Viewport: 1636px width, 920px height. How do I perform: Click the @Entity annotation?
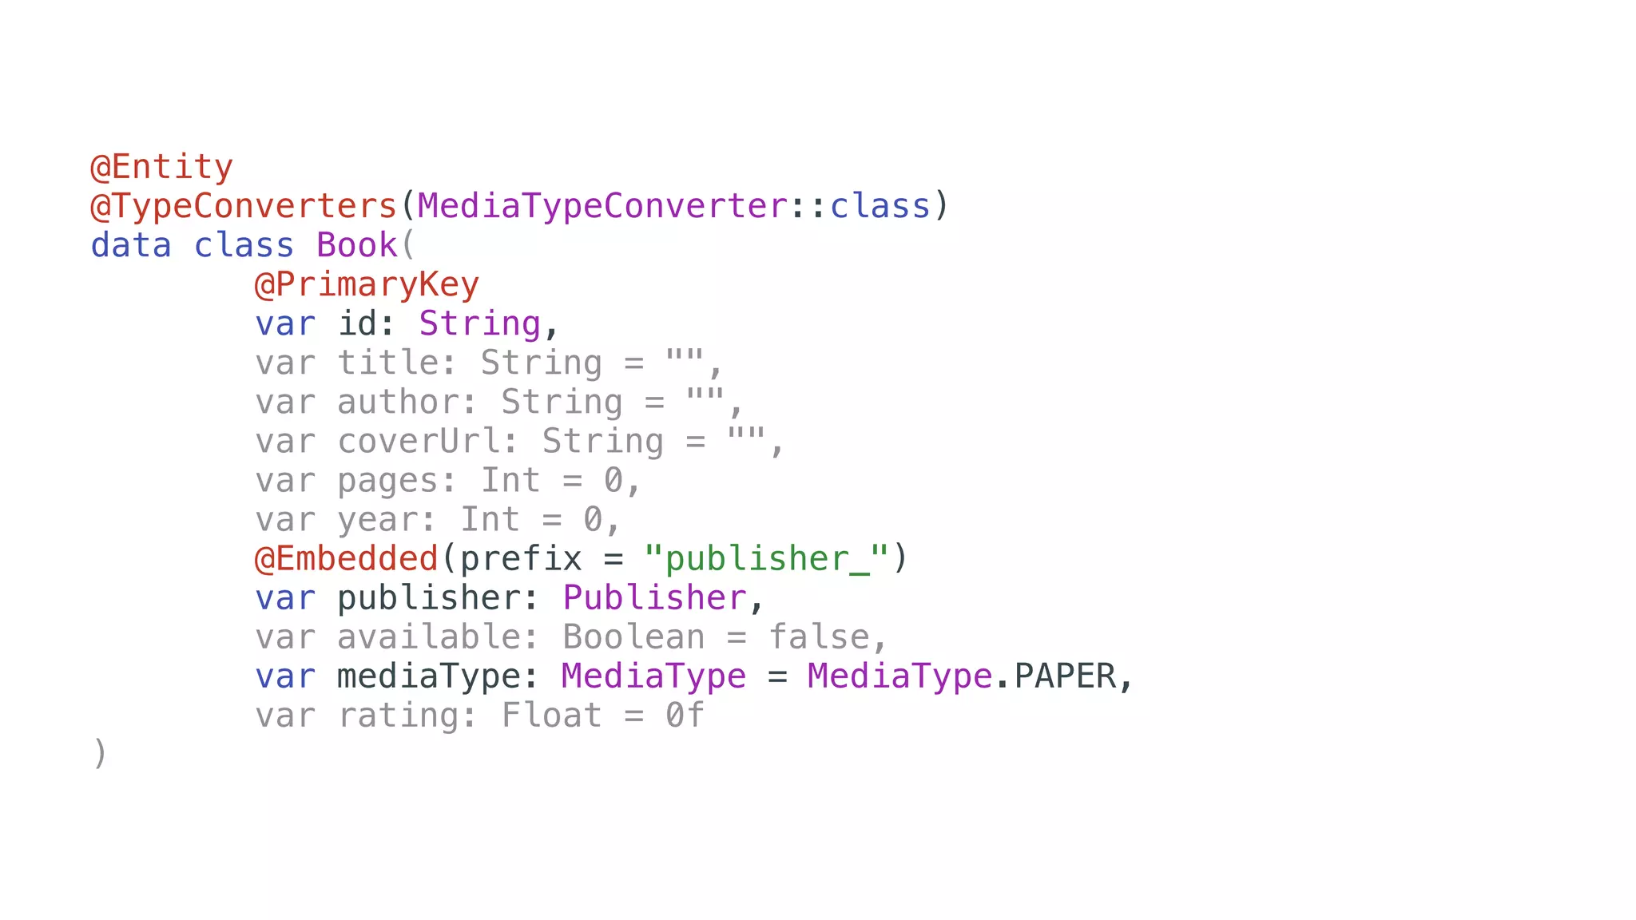pos(162,168)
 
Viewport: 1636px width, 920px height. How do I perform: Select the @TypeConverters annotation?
pos(244,207)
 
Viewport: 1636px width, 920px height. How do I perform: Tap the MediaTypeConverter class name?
pos(602,207)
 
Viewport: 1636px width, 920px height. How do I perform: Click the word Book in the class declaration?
pos(357,246)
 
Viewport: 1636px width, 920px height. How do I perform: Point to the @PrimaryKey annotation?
pos(367,285)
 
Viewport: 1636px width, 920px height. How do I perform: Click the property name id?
pos(356,324)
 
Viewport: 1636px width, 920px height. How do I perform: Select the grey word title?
pos(387,363)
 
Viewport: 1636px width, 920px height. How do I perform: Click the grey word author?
pos(398,402)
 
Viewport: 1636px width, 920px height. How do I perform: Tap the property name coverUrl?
pos(419,442)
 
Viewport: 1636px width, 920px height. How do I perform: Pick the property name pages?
pos(387,481)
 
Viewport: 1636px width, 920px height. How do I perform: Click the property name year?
pos(377,520)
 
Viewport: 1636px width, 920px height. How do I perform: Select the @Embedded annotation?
pos(347,559)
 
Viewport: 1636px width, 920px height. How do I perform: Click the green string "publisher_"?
pos(766,559)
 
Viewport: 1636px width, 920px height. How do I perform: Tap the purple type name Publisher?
pos(654,598)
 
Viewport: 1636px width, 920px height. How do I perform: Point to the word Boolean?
pos(633,637)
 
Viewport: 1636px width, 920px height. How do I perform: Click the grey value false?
pos(819,637)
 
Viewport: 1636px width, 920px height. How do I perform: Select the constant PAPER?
pos(1065,676)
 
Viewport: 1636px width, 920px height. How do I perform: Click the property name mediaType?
pos(428,676)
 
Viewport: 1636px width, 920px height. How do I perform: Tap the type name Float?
pos(551,716)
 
